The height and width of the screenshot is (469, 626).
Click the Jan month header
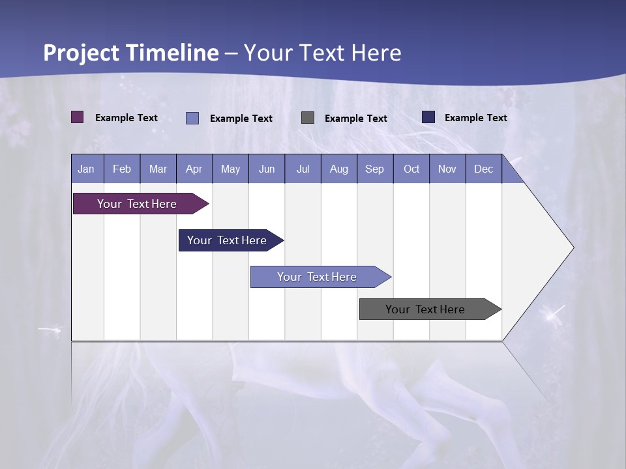click(87, 169)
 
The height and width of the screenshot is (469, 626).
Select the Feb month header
click(122, 169)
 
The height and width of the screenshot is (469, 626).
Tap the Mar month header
click(158, 169)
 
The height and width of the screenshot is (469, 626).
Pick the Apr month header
click(194, 169)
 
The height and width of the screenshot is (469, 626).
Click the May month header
click(230, 169)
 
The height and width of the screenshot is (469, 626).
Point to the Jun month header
click(267, 169)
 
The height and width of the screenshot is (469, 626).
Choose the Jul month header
click(303, 169)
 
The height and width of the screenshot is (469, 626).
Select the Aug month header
click(339, 169)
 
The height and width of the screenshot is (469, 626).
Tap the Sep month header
click(375, 169)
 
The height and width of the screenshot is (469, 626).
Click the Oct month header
click(411, 169)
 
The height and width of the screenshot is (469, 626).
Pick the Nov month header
click(447, 169)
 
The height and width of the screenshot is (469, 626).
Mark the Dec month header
click(484, 169)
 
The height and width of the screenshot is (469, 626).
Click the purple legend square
click(77, 117)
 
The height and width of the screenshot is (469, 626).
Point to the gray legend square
click(308, 117)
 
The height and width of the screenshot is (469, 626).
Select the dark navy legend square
click(428, 117)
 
